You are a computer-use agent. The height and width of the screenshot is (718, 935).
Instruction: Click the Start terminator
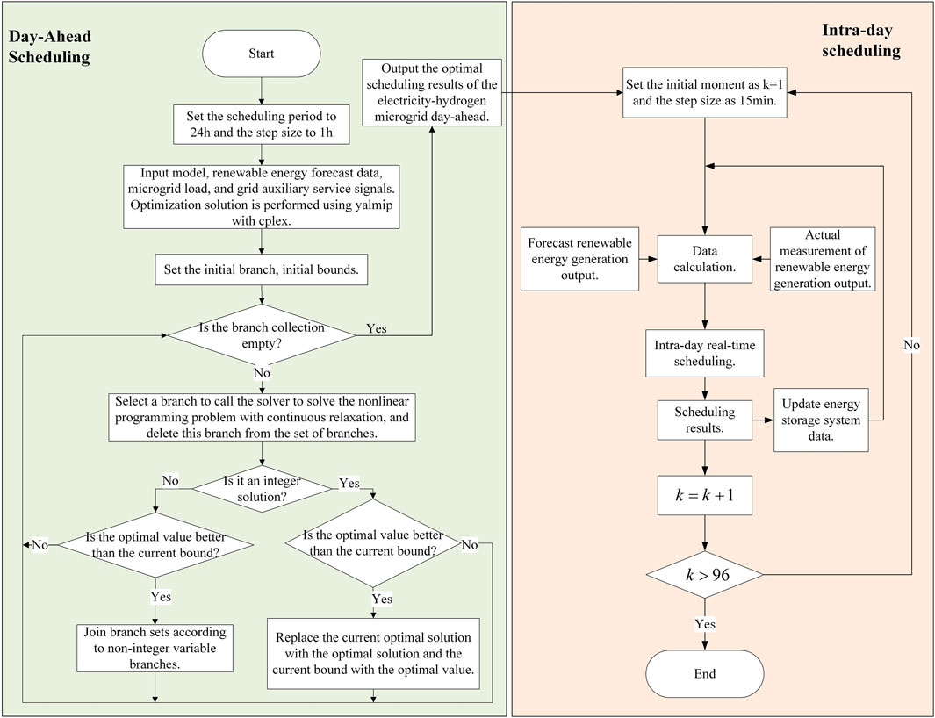tap(261, 54)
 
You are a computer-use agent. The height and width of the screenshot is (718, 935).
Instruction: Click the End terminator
tap(704, 674)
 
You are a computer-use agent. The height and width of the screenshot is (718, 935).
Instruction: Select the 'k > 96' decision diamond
tap(705, 575)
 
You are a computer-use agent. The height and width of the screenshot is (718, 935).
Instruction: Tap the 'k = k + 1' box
tap(705, 495)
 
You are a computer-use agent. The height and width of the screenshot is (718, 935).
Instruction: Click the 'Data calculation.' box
tap(705, 259)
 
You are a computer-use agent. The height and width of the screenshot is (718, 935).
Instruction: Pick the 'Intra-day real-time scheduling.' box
tap(705, 353)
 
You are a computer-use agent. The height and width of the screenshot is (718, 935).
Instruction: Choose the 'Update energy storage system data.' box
tap(821, 420)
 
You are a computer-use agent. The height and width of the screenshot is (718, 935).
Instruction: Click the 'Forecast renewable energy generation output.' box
tap(579, 259)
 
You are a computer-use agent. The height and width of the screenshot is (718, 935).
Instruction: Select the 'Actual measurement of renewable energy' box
tap(823, 259)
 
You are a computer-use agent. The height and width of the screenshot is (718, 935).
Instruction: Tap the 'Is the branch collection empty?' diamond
tap(261, 335)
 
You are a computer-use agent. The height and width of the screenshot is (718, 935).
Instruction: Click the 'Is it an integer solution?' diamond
tap(262, 489)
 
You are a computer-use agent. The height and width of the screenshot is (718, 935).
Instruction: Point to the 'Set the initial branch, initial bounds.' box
tap(261, 269)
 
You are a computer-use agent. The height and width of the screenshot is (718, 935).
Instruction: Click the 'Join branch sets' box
tap(155, 648)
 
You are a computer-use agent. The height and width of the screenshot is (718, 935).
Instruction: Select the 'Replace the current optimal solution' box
tap(373, 654)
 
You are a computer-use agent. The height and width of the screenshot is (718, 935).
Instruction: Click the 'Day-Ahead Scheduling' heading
tap(50, 47)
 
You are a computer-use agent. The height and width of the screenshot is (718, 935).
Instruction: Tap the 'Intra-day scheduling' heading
tap(861, 40)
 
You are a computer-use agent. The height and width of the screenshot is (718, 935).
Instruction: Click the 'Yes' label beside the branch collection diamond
tap(377, 328)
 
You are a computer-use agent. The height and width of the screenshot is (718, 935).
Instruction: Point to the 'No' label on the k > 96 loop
tap(912, 345)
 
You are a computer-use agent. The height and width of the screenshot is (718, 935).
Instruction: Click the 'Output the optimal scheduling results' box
tap(432, 92)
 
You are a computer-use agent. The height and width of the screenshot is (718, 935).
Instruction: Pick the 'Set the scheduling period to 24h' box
tap(261, 125)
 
